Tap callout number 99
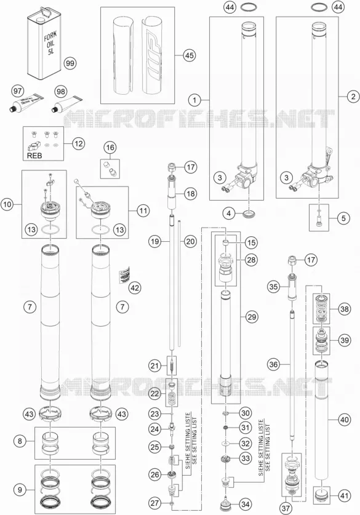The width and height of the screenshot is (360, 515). [70, 63]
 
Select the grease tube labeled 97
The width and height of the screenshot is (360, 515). [25, 104]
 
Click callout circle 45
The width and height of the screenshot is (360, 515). [189, 55]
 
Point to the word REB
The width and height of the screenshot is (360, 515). [34, 155]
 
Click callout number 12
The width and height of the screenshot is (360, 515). [78, 143]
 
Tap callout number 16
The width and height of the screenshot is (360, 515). [110, 148]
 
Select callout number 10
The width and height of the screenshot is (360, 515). [7, 205]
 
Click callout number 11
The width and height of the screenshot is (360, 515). [143, 210]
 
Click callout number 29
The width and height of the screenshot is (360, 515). [252, 317]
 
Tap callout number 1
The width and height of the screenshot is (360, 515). [195, 100]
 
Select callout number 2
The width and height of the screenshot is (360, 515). [353, 97]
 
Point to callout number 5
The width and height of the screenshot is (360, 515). [343, 218]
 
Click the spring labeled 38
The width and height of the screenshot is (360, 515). [321, 309]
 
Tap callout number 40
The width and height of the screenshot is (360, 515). [345, 420]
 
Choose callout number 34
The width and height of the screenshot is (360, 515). [245, 504]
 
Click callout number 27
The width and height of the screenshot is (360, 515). [154, 503]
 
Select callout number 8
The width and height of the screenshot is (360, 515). [20, 441]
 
